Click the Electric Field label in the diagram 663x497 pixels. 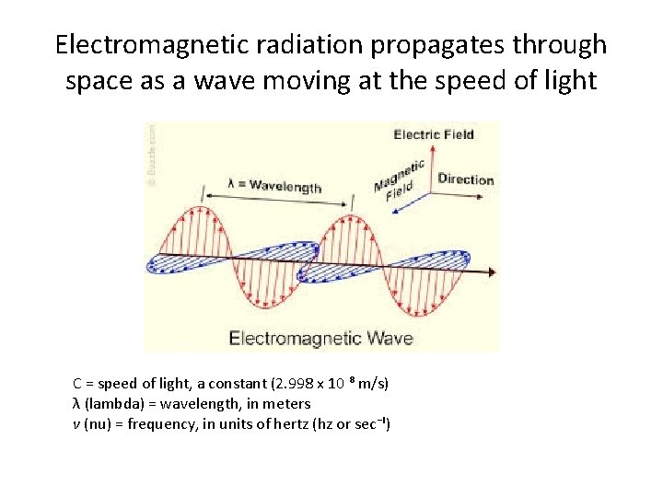pyautogui.click(x=434, y=134)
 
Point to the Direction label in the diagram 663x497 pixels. pyautogui.click(x=465, y=179)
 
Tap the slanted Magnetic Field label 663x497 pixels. pyautogui.click(x=400, y=180)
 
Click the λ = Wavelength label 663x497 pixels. pyautogui.click(x=274, y=187)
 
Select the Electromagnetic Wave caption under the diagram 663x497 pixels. pyautogui.click(x=320, y=338)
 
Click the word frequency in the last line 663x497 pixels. pyautogui.click(x=147, y=425)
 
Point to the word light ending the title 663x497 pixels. pyautogui.click(x=570, y=81)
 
